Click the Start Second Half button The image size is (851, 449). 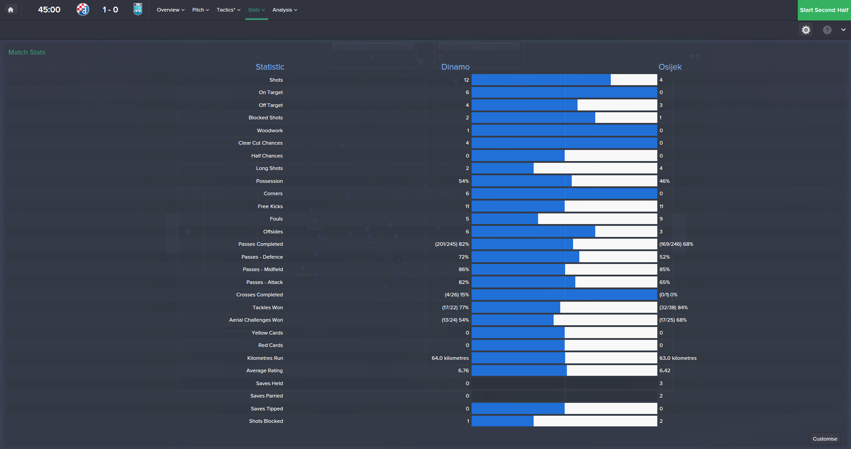[824, 10]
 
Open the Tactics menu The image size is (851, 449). [228, 10]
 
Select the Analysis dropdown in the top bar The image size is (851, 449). [285, 10]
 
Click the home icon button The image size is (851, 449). [11, 10]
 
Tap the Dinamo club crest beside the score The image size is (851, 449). [83, 9]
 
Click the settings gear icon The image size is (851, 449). [806, 30]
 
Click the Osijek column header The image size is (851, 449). [670, 67]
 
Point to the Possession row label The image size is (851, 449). [269, 181]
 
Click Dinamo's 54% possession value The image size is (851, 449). [464, 181]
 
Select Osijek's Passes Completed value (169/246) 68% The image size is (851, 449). [676, 244]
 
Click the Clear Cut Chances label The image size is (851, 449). [260, 143]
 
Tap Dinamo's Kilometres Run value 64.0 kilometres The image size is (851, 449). [450, 358]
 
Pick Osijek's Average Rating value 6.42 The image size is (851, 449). [664, 370]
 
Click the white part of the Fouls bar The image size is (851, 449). [597, 219]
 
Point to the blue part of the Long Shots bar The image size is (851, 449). [502, 168]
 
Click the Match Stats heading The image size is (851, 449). [27, 52]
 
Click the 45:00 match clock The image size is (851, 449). [49, 10]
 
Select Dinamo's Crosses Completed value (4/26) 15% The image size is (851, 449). [457, 295]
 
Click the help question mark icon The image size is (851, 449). [827, 30]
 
